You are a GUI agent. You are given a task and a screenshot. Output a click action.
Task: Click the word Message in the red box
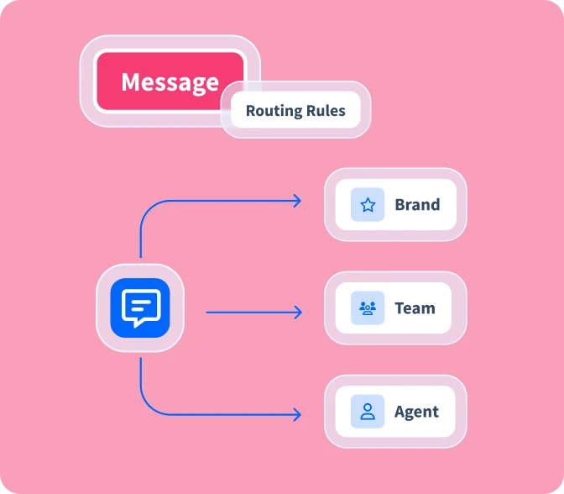[x=170, y=82]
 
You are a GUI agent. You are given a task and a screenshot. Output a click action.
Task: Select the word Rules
[x=325, y=111]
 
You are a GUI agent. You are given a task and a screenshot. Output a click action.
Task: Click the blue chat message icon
[x=140, y=307]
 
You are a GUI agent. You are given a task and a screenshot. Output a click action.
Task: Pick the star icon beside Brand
[x=368, y=205]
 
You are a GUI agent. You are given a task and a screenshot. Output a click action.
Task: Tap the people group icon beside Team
[x=368, y=308]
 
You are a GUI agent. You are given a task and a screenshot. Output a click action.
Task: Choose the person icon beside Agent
[x=368, y=412]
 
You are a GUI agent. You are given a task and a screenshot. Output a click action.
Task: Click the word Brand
[x=417, y=205]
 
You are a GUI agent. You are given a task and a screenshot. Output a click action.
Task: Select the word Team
[x=415, y=308]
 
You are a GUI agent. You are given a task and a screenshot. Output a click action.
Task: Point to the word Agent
[x=416, y=412]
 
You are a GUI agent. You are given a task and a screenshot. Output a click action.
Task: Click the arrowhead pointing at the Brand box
[x=297, y=201]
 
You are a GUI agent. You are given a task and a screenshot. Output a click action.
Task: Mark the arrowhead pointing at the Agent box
[x=297, y=414]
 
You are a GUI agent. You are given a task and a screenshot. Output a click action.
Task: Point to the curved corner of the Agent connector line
[x=146, y=408]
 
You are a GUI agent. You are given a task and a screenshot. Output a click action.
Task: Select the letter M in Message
[x=130, y=82]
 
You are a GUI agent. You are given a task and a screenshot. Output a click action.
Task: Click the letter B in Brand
[x=399, y=205]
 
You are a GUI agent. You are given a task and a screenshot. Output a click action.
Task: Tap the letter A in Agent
[x=399, y=412]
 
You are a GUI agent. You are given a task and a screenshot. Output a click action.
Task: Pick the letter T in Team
[x=399, y=308]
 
